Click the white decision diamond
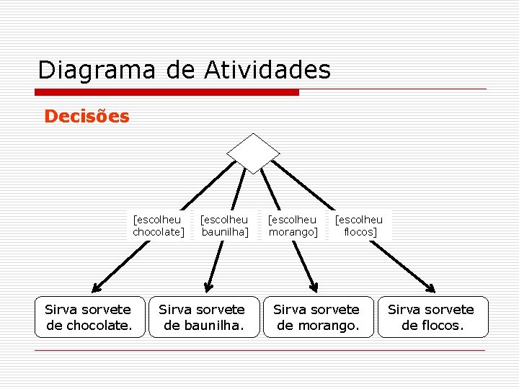[x=253, y=153]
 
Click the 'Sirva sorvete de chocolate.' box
[x=88, y=317]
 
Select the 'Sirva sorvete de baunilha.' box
[x=202, y=317]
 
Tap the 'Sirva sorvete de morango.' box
[x=316, y=317]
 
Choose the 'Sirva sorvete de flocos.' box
[x=432, y=317]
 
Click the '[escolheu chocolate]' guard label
[x=158, y=225]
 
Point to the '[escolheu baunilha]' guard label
[x=224, y=225]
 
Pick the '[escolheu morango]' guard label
[x=292, y=225]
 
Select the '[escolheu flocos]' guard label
[x=360, y=225]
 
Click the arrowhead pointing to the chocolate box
[x=97, y=287]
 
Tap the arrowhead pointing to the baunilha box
[x=208, y=287]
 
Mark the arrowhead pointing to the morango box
[x=314, y=287]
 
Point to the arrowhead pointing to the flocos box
[x=430, y=288]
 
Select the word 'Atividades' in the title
[x=267, y=71]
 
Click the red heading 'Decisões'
[x=86, y=116]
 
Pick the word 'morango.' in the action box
[x=328, y=326]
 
